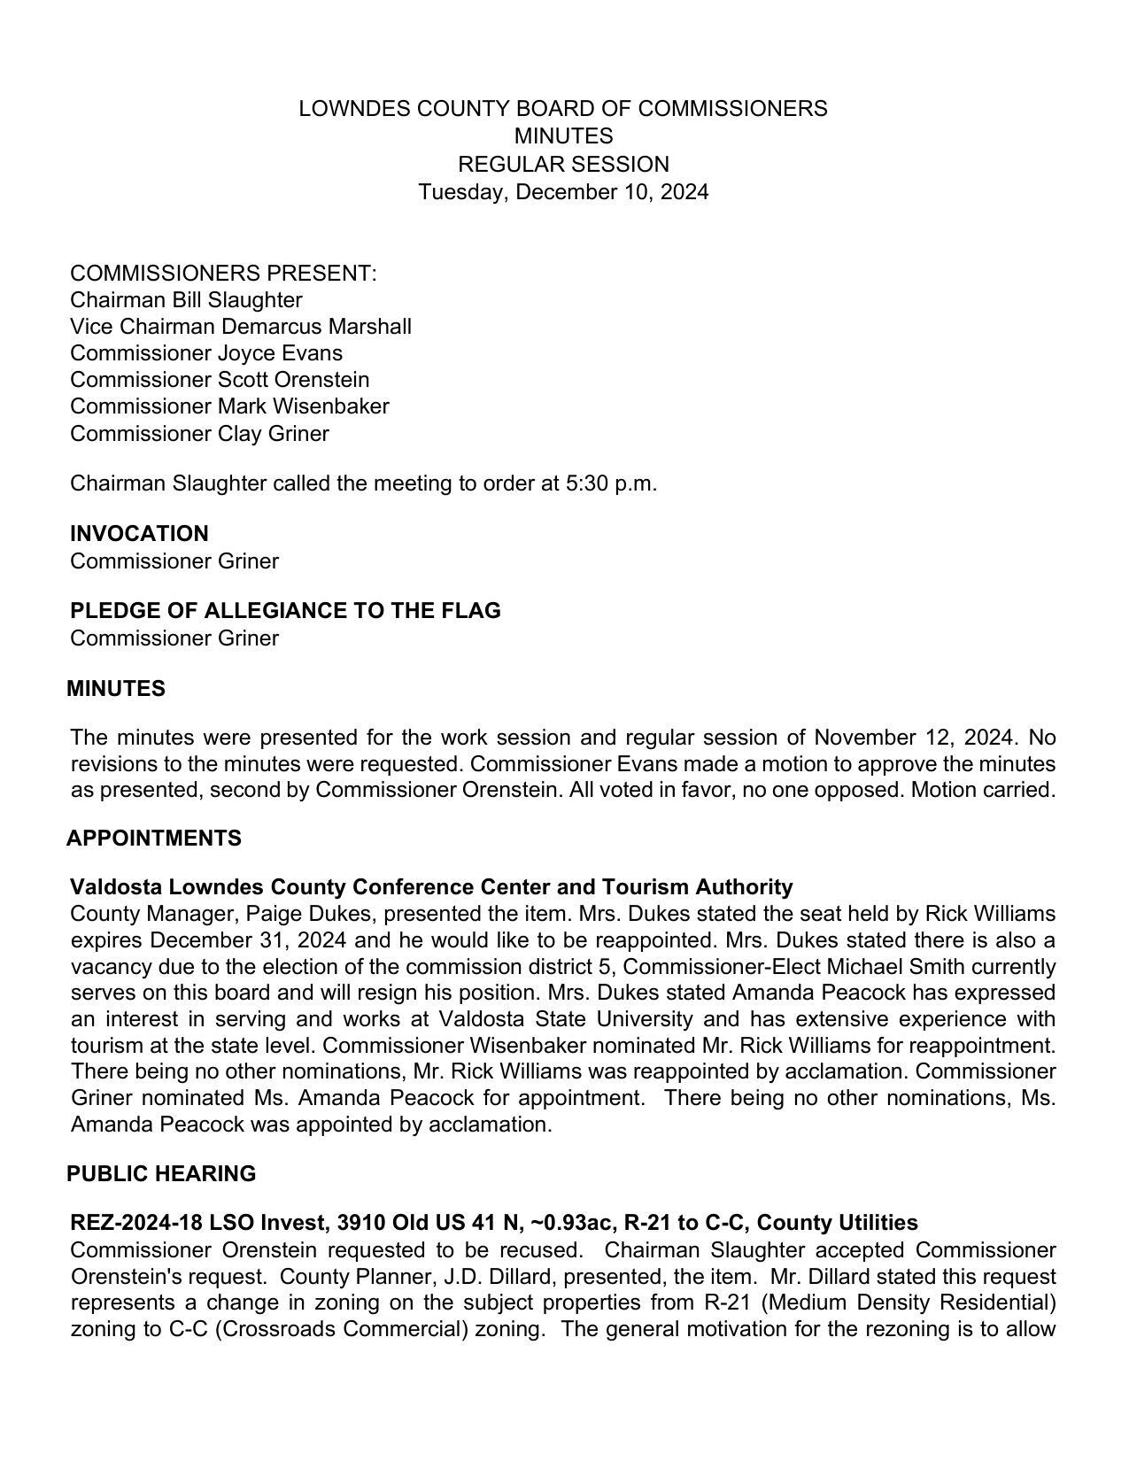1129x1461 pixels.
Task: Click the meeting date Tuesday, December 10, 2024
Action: coord(563,192)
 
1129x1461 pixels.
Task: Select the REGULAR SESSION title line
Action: coord(563,165)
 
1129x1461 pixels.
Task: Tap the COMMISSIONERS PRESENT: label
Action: coord(223,273)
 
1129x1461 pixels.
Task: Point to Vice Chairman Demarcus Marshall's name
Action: coord(241,327)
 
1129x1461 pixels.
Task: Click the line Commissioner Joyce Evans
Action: coord(206,353)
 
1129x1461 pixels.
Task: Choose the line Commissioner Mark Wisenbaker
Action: coord(229,406)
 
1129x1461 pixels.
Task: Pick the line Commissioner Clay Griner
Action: coord(199,434)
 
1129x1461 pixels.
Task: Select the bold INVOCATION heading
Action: coord(139,534)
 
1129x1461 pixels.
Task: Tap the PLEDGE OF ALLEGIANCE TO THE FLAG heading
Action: coord(285,611)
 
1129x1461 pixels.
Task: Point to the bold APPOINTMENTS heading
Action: coord(154,839)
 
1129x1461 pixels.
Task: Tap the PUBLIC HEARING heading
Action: coord(161,1174)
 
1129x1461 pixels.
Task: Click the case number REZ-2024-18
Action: coord(136,1224)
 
